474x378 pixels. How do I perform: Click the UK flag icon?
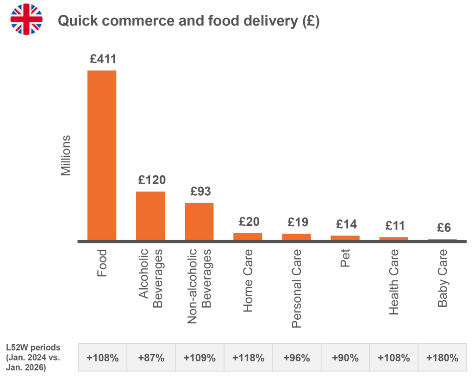[x=26, y=19]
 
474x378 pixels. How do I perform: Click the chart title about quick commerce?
[x=189, y=21]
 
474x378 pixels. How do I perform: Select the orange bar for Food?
[x=102, y=155]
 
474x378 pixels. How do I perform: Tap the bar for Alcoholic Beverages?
[x=150, y=216]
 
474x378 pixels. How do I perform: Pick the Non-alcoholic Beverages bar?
[x=199, y=222]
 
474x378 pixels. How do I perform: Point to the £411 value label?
[x=103, y=59]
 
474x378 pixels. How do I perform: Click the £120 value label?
[x=152, y=180]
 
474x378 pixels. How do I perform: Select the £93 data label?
[x=200, y=191]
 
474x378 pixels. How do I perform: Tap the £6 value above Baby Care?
[x=444, y=228]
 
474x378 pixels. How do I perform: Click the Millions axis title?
[x=66, y=155]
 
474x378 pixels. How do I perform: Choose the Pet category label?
[x=345, y=258]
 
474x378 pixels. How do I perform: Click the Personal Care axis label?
[x=297, y=289]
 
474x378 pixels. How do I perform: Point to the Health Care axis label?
[x=393, y=282]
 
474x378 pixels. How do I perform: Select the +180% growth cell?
[x=442, y=358]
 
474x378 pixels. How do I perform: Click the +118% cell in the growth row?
[x=248, y=358]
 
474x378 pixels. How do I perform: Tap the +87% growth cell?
[x=151, y=358]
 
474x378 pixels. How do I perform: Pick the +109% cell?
[x=200, y=358]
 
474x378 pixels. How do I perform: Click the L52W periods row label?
[x=33, y=358]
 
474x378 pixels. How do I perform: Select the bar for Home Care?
[x=248, y=236]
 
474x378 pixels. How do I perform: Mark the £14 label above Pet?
[x=346, y=224]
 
